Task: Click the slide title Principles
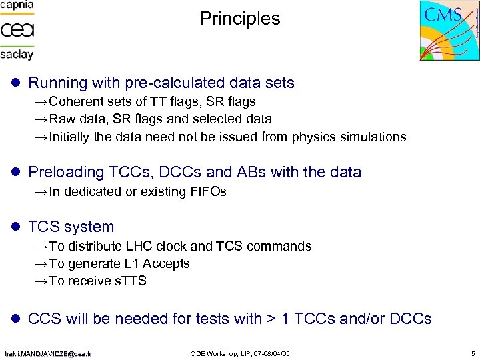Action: [x=240, y=18]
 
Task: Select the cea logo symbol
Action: [x=17, y=29]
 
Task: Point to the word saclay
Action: [x=17, y=53]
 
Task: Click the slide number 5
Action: [x=472, y=353]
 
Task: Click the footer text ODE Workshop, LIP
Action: [x=240, y=353]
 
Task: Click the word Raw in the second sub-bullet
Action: [x=62, y=119]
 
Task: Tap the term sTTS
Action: [x=131, y=281]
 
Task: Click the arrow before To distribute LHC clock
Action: [x=41, y=246]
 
